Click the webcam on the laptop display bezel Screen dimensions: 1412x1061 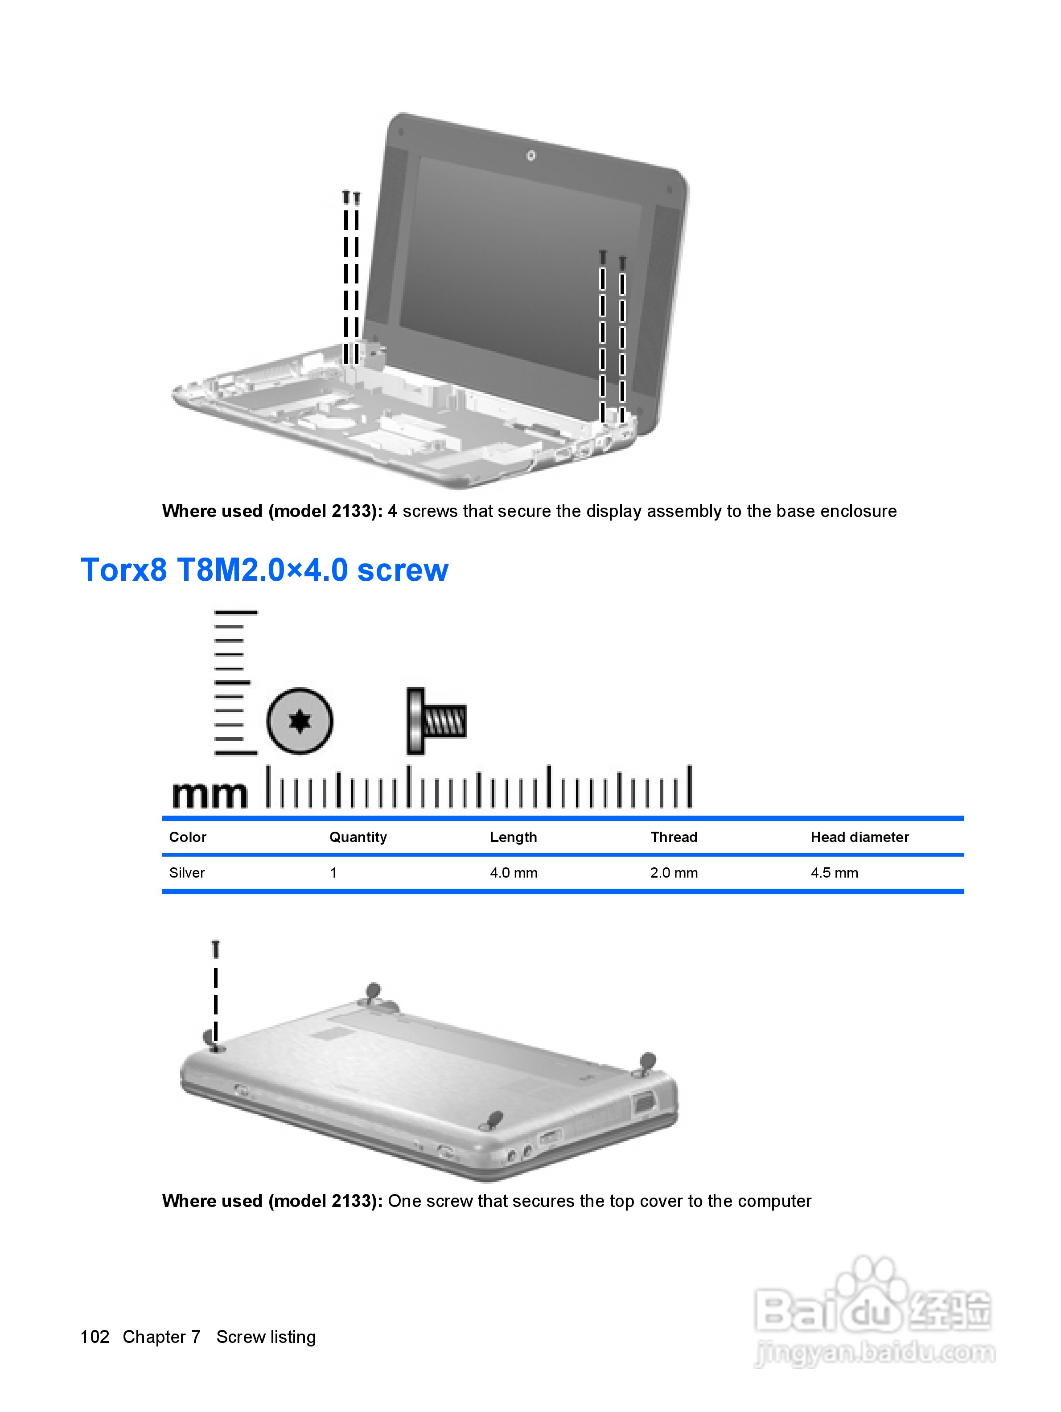(530, 155)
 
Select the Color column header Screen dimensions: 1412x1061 (187, 837)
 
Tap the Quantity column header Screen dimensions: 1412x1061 (358, 837)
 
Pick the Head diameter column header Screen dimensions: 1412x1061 (859, 837)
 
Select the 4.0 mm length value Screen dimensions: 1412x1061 (513, 873)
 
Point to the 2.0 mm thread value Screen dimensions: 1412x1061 (674, 873)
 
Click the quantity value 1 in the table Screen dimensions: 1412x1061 (333, 873)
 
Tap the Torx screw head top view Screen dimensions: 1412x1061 (300, 721)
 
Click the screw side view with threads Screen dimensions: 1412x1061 (436, 721)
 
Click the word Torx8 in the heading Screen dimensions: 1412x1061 (124, 570)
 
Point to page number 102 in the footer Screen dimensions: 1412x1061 (95, 1337)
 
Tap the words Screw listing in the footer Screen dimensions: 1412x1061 (266, 1337)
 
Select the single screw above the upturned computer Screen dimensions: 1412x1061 (216, 949)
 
